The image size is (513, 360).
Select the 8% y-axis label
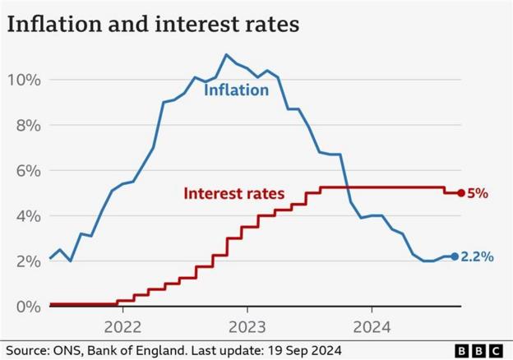click(x=26, y=125)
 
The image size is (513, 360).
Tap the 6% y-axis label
click(x=26, y=170)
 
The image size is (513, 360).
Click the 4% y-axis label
click(x=26, y=215)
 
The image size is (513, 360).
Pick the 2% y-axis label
click(x=26, y=261)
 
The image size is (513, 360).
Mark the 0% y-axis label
click(x=26, y=307)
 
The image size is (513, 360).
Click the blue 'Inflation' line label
click(x=237, y=90)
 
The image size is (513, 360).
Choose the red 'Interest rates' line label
click(x=233, y=194)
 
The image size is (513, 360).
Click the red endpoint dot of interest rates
click(x=460, y=193)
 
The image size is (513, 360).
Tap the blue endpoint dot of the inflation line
click(x=454, y=256)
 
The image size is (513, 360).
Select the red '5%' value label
click(x=478, y=194)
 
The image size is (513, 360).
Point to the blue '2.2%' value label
click(x=477, y=256)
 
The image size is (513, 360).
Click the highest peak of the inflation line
click(x=226, y=55)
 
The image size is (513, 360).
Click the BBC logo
click(x=480, y=348)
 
